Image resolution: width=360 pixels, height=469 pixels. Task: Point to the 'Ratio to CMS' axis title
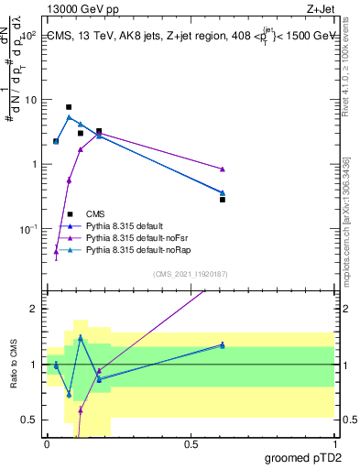14,365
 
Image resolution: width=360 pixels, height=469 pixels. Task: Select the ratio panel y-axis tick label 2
33,309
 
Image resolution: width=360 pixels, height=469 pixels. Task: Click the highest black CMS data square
69,107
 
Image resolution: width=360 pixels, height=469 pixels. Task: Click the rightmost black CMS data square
223,199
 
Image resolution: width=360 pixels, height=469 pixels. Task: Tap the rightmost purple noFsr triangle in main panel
223,169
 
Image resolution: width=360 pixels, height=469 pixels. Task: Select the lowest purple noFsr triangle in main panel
56,252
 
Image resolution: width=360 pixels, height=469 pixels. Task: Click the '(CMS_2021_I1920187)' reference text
190,274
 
